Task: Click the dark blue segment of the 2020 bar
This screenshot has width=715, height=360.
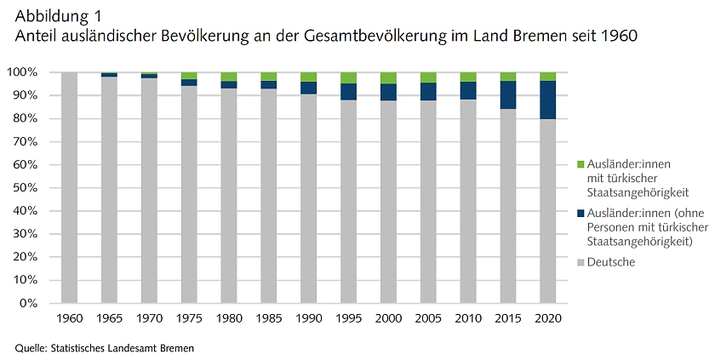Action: coord(548,100)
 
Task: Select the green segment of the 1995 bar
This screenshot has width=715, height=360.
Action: coord(348,77)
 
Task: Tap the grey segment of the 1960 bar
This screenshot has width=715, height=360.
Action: coord(69,187)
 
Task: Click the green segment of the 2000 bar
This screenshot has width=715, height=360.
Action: coord(388,77)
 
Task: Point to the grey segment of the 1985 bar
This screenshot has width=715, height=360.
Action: coord(268,195)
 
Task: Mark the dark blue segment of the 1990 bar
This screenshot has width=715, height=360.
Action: coord(308,88)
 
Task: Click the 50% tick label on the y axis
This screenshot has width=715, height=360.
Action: coord(25,187)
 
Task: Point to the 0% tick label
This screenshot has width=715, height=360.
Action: coord(30,303)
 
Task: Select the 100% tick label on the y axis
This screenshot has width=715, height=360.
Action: coord(22,72)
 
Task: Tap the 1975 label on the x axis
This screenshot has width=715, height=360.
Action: coord(188,317)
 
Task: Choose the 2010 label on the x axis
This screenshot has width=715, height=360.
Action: coord(468,317)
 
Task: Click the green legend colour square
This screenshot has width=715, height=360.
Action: coord(581,164)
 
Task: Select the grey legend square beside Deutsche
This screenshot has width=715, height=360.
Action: coord(581,262)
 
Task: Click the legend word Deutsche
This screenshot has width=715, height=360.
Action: coord(611,262)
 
